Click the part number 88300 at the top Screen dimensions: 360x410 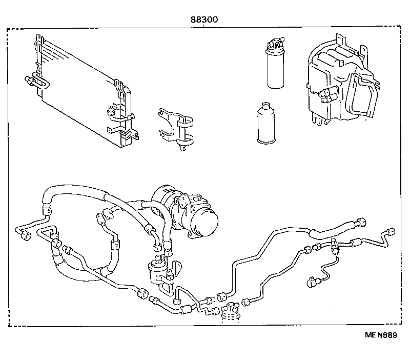click(204, 19)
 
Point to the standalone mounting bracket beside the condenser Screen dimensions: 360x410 click(175, 129)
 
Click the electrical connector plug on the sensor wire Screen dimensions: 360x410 click(311, 281)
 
